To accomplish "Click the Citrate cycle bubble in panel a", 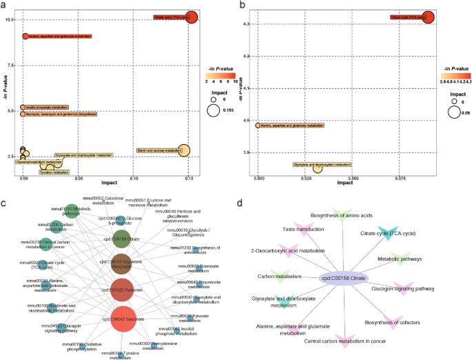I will (x=191, y=18).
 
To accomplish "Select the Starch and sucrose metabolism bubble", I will (x=183, y=151).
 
